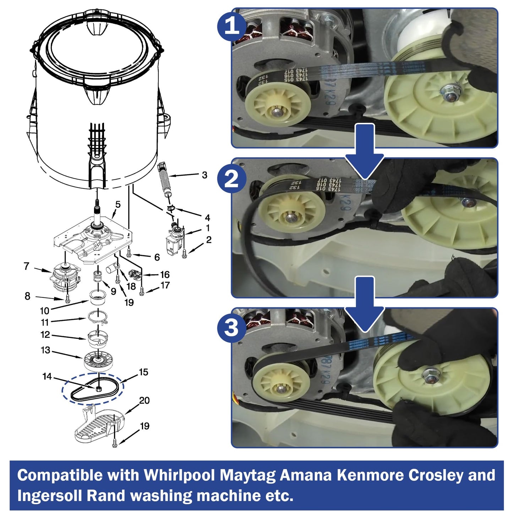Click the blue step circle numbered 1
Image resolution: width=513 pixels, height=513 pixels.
232,26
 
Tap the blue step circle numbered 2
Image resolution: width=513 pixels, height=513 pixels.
232,178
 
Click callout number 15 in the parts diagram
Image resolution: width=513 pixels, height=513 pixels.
143,372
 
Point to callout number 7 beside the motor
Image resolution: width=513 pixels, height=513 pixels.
26,266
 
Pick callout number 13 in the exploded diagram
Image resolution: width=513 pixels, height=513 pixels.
45,350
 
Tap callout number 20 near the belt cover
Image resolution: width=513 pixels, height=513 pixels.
144,400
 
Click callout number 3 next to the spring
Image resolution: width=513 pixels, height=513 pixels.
204,175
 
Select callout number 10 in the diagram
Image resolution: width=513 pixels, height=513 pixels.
44,311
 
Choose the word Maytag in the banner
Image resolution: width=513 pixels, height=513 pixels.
247,475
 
